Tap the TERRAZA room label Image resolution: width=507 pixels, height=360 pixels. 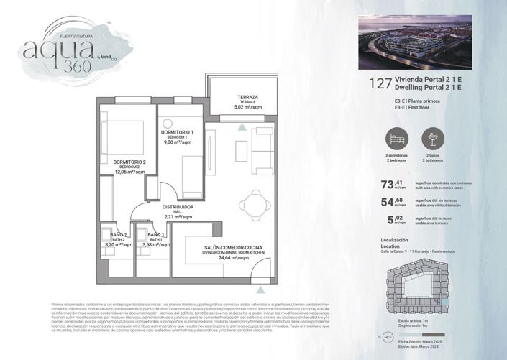248,97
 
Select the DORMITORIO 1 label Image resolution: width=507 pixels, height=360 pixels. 177,133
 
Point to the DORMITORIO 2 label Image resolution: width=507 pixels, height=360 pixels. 129,162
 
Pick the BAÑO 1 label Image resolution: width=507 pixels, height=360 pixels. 156,235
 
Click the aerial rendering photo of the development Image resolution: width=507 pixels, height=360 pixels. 415,42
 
